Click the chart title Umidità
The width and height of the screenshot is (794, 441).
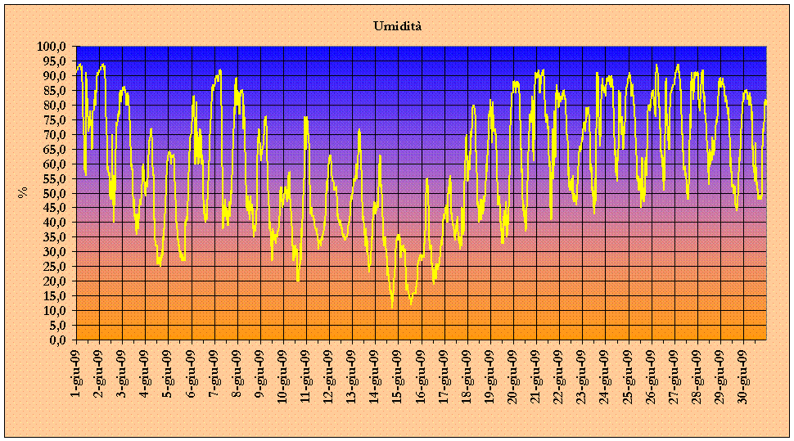click(x=397, y=26)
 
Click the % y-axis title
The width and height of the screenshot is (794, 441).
click(x=22, y=192)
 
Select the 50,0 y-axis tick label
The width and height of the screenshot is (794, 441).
click(x=54, y=193)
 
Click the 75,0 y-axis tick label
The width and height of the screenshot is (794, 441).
click(x=54, y=120)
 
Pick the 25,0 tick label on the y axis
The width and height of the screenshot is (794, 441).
click(x=54, y=267)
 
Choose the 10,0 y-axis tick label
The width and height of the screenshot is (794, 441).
click(x=54, y=310)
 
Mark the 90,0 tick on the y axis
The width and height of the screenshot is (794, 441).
click(x=54, y=76)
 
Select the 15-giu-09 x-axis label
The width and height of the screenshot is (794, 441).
click(x=398, y=373)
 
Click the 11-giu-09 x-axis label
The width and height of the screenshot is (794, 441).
click(x=305, y=373)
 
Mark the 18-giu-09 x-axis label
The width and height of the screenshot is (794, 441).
click(x=467, y=373)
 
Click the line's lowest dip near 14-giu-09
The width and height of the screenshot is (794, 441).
click(x=392, y=307)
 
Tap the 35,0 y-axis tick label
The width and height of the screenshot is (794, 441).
click(x=54, y=237)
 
